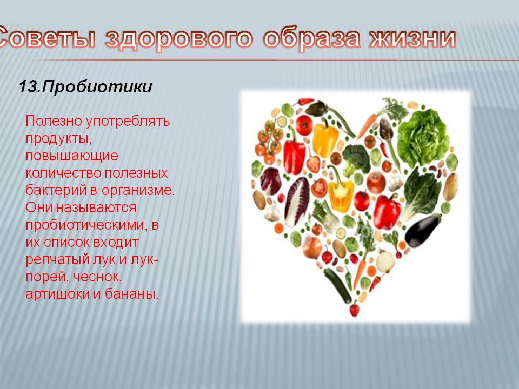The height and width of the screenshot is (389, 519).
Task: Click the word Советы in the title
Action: (x=46, y=38)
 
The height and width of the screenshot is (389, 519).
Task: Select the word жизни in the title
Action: (x=412, y=37)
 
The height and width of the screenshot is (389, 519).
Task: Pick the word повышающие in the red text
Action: (x=72, y=156)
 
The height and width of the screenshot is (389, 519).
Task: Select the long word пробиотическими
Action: (x=85, y=225)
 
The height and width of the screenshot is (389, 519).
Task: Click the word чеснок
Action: (x=97, y=277)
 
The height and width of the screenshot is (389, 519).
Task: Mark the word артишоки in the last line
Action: (x=58, y=294)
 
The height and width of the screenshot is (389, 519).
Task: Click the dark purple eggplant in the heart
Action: (x=422, y=230)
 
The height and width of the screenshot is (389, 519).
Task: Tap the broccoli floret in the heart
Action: (x=356, y=160)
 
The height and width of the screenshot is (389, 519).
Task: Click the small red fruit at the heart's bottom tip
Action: (x=354, y=310)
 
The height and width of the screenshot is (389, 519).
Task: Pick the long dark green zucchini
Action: (x=337, y=285)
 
